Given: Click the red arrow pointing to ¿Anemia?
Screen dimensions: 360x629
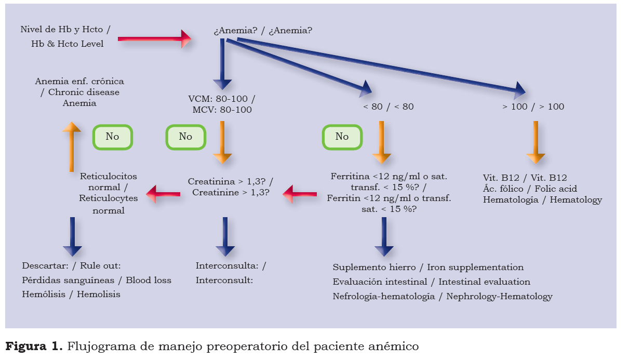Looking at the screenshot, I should point(154,38).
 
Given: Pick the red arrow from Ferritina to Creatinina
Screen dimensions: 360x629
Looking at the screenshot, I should point(300,194).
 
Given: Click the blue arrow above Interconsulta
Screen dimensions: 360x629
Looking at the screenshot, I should point(225,236).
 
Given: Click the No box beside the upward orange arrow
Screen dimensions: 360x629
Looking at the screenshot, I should point(112,137).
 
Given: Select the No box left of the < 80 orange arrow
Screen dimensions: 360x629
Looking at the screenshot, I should point(342,137).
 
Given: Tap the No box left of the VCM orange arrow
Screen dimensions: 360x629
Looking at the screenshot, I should point(185,137).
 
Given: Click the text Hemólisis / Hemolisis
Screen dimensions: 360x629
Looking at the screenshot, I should point(71,295).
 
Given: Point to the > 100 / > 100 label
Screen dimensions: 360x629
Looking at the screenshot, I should point(533,106).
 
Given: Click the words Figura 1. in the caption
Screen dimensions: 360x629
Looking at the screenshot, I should point(34,345).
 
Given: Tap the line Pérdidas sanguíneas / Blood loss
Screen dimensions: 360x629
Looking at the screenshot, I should point(97,280).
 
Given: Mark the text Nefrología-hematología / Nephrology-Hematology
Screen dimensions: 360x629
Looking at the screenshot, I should point(443,297).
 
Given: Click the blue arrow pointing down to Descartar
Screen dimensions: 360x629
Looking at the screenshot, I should point(72,236).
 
